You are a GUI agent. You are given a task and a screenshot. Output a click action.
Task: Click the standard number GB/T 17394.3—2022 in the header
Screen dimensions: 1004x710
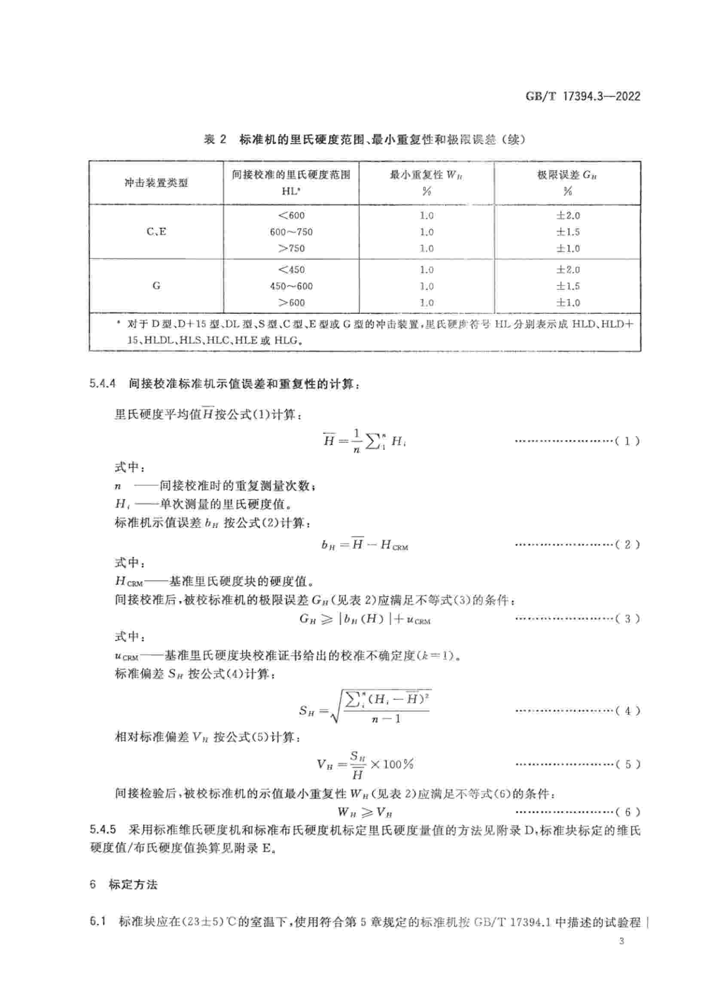pyautogui.click(x=582, y=97)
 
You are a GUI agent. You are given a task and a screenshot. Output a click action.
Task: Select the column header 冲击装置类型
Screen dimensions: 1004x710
pyautogui.click(x=156, y=183)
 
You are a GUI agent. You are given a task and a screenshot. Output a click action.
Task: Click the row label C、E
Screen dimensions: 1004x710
pyautogui.click(x=156, y=232)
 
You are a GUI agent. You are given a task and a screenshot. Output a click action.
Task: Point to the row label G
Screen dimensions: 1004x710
pyautogui.click(x=156, y=286)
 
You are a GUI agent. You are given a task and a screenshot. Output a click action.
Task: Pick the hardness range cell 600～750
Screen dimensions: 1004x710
pyautogui.click(x=291, y=232)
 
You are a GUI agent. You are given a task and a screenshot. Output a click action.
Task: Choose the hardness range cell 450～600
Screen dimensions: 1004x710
pyautogui.click(x=291, y=286)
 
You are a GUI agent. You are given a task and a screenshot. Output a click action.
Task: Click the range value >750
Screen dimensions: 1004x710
pyautogui.click(x=291, y=249)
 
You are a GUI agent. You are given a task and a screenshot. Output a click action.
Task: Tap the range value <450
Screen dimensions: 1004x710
pyautogui.click(x=291, y=270)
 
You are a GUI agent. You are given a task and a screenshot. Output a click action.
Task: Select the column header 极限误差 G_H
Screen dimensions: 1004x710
pyautogui.click(x=567, y=176)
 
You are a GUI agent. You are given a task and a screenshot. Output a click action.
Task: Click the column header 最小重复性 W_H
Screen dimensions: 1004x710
pyautogui.click(x=427, y=176)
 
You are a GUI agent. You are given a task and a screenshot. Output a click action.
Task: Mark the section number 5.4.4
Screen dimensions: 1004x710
pyautogui.click(x=103, y=384)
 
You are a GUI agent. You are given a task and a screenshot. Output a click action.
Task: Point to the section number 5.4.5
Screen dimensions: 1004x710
pyautogui.click(x=103, y=830)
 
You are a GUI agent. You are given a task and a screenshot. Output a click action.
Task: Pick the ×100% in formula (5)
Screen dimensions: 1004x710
pyautogui.click(x=392, y=764)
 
